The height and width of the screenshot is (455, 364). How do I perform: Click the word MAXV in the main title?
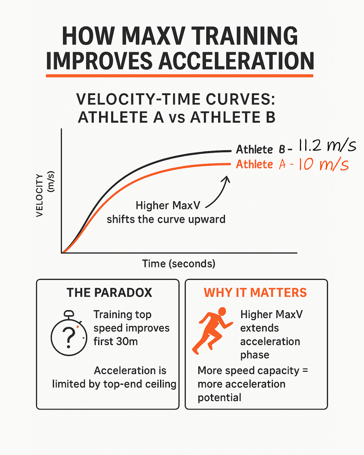coord(153,36)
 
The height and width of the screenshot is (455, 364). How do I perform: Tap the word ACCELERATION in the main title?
coord(236,61)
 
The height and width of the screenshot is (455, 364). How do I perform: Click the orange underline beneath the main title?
coord(180,76)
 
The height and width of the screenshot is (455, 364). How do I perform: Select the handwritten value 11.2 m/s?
coord(327,146)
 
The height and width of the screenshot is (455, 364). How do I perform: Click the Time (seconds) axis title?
coord(179,264)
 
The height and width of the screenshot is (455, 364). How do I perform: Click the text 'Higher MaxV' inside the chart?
coord(168,205)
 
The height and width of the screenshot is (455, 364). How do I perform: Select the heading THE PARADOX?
coord(109,293)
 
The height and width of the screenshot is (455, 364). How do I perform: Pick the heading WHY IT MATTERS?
coord(255,293)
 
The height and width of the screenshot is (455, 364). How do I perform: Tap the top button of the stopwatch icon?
coord(69,313)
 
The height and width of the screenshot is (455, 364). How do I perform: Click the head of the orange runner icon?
coord(222,311)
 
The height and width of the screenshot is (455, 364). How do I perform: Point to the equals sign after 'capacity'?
coord(305,370)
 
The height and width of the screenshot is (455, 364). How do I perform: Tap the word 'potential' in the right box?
coord(219,398)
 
